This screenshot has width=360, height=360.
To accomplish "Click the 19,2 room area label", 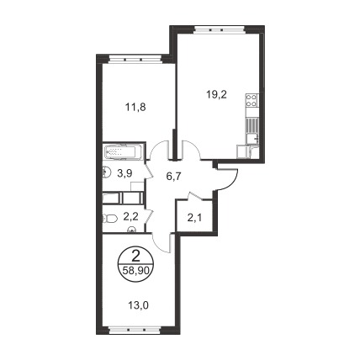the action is pos(216,95).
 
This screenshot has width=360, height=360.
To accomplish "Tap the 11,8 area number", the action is pos(135,107).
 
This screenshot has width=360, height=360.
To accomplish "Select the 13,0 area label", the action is pos(138,304).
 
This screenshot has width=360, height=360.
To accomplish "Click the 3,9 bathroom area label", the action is pos(124,174).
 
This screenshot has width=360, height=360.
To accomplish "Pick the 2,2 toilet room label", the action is pos(131,216).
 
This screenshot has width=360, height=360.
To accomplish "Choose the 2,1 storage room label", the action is pos(195,217).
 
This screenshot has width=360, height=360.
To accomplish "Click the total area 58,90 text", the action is pos(135,271).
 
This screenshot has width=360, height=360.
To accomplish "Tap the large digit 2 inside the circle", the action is pos(135,256).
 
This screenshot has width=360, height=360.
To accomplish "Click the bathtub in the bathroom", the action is pos(124,152).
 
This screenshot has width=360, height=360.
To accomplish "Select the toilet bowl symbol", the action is pos(109,219).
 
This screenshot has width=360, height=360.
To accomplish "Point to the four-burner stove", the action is pos(251,101).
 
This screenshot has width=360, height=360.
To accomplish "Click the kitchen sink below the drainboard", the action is pos(252,139).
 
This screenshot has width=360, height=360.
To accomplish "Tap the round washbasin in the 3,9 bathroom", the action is pos(105,172).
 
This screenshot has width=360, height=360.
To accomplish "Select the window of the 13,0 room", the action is pos(135,330).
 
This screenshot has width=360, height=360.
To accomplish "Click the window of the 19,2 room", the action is pos(220,29).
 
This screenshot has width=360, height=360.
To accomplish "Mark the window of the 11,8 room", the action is pos(135,59).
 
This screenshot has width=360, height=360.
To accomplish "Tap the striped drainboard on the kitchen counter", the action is pos(251,125).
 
